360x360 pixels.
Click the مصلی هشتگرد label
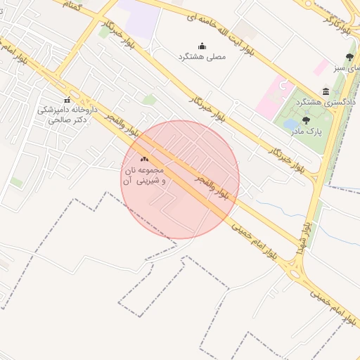click(202, 56)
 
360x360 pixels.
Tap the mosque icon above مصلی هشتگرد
click(202, 46)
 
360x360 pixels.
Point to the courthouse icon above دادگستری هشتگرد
click(325, 92)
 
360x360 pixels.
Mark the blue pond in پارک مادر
click(290, 125)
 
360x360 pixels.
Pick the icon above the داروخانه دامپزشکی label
click(67, 99)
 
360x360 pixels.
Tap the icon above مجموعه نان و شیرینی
click(145, 160)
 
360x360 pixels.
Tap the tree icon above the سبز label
click(350, 57)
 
